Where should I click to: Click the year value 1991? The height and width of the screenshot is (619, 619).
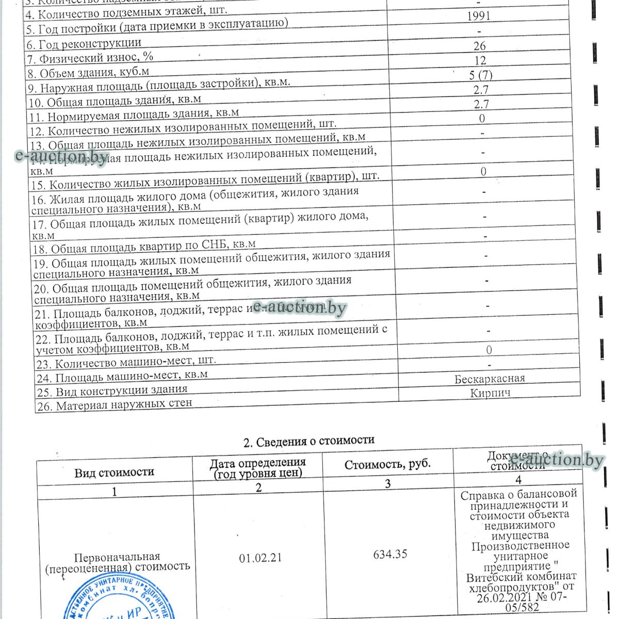coord(478,16)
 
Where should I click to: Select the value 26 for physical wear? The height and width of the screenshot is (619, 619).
coord(479,46)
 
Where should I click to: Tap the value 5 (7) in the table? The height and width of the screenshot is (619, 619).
coord(480,75)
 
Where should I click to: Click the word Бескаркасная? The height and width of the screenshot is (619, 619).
coord(490,379)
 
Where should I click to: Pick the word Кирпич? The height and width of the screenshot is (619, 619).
coord(490,393)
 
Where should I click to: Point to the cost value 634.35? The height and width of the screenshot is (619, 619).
coord(390,554)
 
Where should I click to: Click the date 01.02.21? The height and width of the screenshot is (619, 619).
coord(260,558)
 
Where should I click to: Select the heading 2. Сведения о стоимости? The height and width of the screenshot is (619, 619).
coord(308,441)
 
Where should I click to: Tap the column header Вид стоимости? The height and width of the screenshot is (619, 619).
coord(114,472)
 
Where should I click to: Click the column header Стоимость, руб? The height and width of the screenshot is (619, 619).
coord(387,464)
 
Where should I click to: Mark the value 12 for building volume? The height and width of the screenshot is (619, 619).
coord(480,61)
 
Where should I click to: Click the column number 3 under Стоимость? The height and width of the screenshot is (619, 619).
coord(387,483)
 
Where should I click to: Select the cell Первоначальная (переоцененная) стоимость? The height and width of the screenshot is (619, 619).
coord(117,562)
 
